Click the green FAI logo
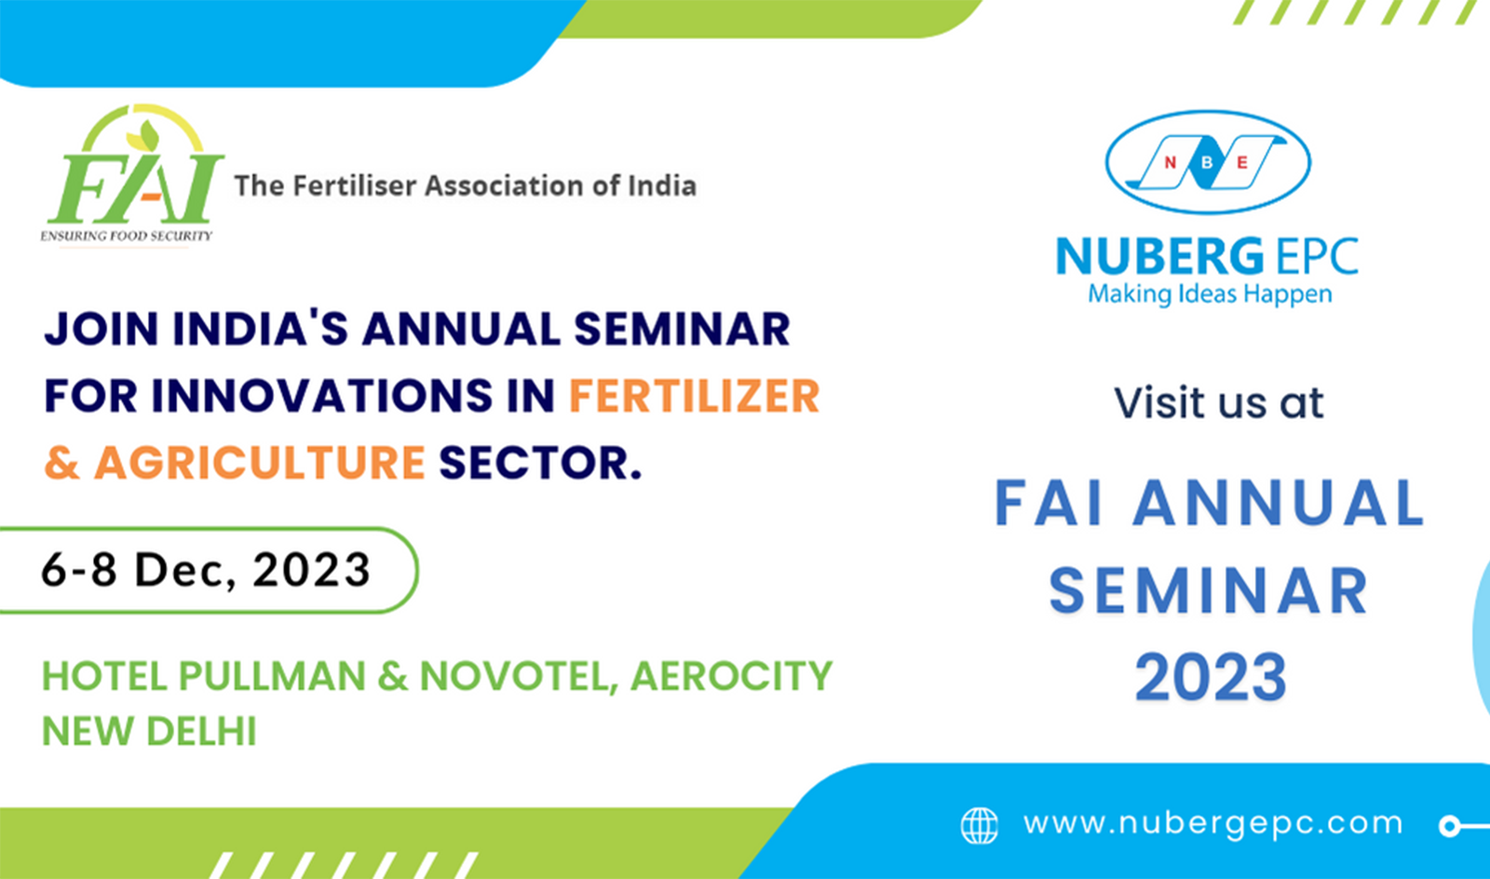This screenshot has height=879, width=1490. click(x=133, y=174)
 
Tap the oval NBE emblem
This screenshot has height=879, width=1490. click(x=1208, y=162)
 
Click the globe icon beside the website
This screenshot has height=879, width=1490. click(x=979, y=826)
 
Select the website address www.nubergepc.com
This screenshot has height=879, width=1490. click(x=1213, y=824)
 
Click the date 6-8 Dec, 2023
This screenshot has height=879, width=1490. click(x=206, y=570)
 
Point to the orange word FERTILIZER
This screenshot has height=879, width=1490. click(x=694, y=397)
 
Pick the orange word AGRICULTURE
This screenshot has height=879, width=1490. click(x=260, y=463)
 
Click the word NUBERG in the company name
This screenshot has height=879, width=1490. click(x=1159, y=257)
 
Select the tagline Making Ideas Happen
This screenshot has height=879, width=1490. click(x=1210, y=294)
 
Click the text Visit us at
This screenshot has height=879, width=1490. click(x=1219, y=403)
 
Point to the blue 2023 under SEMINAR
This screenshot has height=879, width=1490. click(x=1210, y=678)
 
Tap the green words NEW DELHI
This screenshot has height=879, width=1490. click(x=149, y=731)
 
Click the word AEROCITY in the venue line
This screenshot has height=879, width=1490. click(x=731, y=676)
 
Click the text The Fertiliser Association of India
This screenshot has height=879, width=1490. click(x=465, y=185)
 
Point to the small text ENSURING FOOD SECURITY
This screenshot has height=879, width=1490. click(x=127, y=236)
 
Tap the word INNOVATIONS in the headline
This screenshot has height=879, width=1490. click(x=322, y=397)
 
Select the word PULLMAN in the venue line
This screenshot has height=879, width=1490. click(x=272, y=676)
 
